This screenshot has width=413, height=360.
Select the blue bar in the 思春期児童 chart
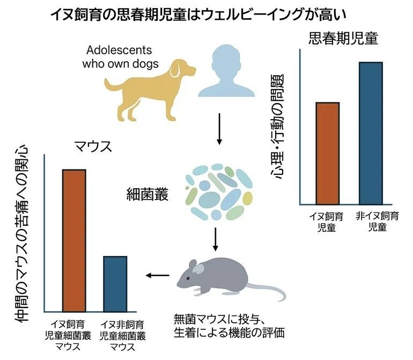click(370, 133)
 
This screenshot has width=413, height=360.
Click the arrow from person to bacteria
click(219, 129)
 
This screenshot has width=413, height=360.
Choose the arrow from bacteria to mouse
click(215, 239)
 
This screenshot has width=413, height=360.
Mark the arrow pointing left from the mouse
click(157, 276)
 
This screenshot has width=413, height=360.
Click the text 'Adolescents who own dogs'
click(119, 57)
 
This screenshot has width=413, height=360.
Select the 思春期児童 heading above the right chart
click(343, 38)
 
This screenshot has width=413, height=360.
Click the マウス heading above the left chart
click(93, 146)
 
